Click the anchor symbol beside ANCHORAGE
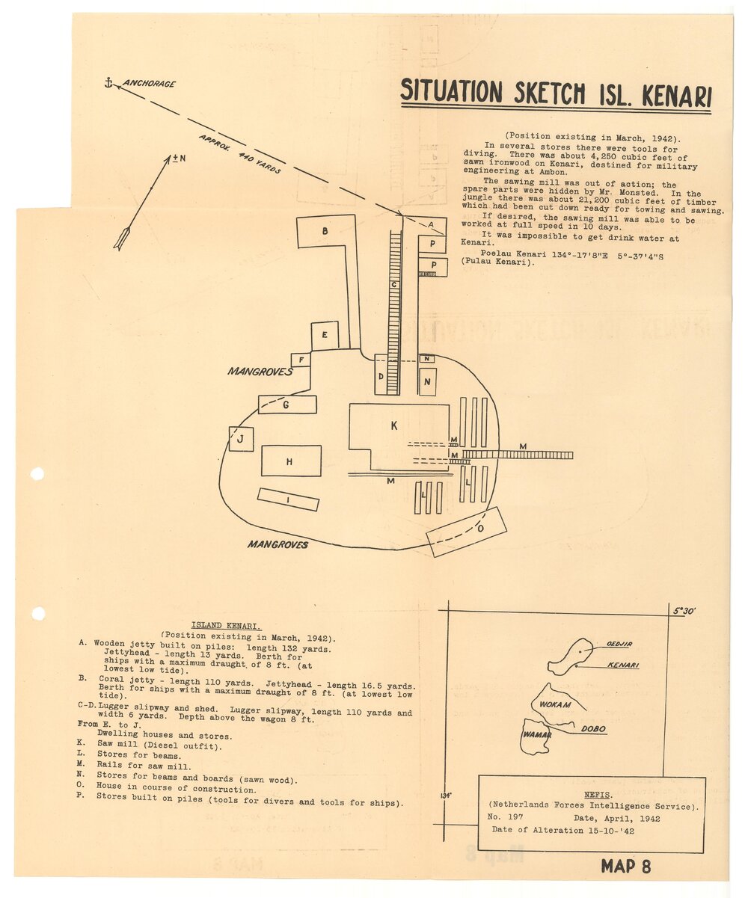[108, 82]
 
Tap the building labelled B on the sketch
[325, 231]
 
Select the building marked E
[325, 335]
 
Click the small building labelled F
[301, 360]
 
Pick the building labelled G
[287, 405]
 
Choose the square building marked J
[241, 439]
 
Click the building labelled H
[291, 461]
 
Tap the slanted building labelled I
[288, 499]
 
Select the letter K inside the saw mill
[393, 425]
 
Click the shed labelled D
[381, 375]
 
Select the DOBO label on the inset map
[592, 728]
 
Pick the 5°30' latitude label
[684, 611]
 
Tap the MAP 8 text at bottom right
[625, 867]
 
